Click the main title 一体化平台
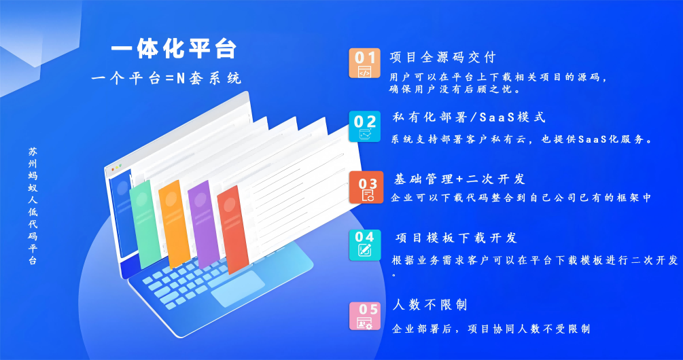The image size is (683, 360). click(173, 49)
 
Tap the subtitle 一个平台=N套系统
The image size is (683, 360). click(167, 79)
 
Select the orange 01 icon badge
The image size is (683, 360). click(364, 63)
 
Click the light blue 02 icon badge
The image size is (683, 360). click(364, 126)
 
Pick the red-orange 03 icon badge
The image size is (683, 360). click(366, 187)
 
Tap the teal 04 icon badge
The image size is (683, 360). click(364, 245)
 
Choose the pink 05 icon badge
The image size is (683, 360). click(364, 316)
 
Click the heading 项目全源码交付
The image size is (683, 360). click(443, 57)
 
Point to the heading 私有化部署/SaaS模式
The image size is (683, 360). click(469, 117)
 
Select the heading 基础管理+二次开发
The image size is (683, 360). click(459, 179)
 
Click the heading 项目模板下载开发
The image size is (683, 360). click(456, 238)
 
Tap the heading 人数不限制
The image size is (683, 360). click(430, 305)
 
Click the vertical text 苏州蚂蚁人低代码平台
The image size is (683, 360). click(33, 206)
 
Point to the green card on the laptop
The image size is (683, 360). click(145, 224)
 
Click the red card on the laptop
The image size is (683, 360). click(233, 230)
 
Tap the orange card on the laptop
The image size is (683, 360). click(174, 223)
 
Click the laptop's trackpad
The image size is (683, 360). click(238, 289)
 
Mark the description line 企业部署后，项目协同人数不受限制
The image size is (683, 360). click(491, 329)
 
